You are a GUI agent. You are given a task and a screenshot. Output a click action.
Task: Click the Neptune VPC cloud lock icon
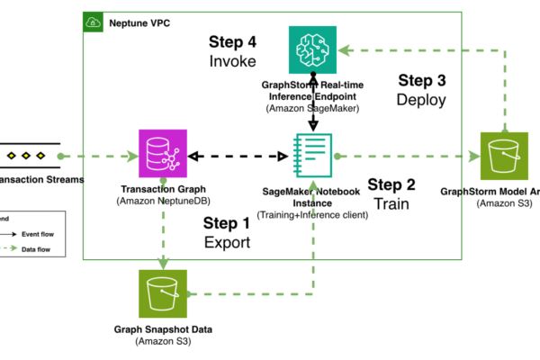pos(93,21)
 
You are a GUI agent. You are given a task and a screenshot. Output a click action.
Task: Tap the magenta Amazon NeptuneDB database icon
pos(159,154)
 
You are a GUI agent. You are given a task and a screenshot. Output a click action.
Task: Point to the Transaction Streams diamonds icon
pos(22,156)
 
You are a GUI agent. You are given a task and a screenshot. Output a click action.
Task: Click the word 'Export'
pos(226,243)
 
